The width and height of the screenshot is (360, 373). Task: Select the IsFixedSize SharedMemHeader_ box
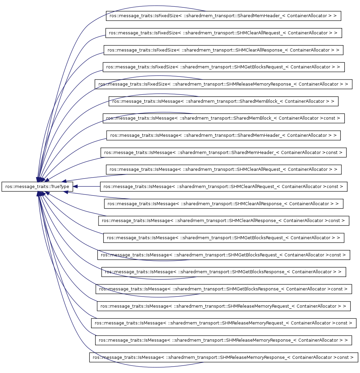point(223,16)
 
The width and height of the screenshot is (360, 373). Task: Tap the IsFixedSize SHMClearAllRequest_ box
point(224,33)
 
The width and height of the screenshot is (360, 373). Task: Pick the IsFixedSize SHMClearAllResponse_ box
point(223,50)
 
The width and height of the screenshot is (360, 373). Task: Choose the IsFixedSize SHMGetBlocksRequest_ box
point(223,67)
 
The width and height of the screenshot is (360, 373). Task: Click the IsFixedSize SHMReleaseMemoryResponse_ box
point(223,84)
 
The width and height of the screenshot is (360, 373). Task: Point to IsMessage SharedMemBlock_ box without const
point(223,101)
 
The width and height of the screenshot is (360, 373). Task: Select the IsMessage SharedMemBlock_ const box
point(223,118)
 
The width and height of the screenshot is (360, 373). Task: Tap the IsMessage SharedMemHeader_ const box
point(223,152)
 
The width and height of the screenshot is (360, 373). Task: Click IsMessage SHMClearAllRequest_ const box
point(223,186)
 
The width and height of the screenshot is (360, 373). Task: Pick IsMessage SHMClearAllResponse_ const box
point(223,221)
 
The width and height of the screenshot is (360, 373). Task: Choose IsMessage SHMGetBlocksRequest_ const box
point(223,255)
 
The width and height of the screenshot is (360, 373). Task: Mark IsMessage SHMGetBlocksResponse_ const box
point(223,289)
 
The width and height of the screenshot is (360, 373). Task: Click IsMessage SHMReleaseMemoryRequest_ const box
point(223,323)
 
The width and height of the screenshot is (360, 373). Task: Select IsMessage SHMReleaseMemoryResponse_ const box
point(223,357)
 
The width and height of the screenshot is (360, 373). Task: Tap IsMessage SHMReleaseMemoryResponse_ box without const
point(223,340)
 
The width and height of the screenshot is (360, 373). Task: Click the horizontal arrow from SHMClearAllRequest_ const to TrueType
point(87,186)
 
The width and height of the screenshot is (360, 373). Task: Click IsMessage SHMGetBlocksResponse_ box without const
point(223,272)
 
